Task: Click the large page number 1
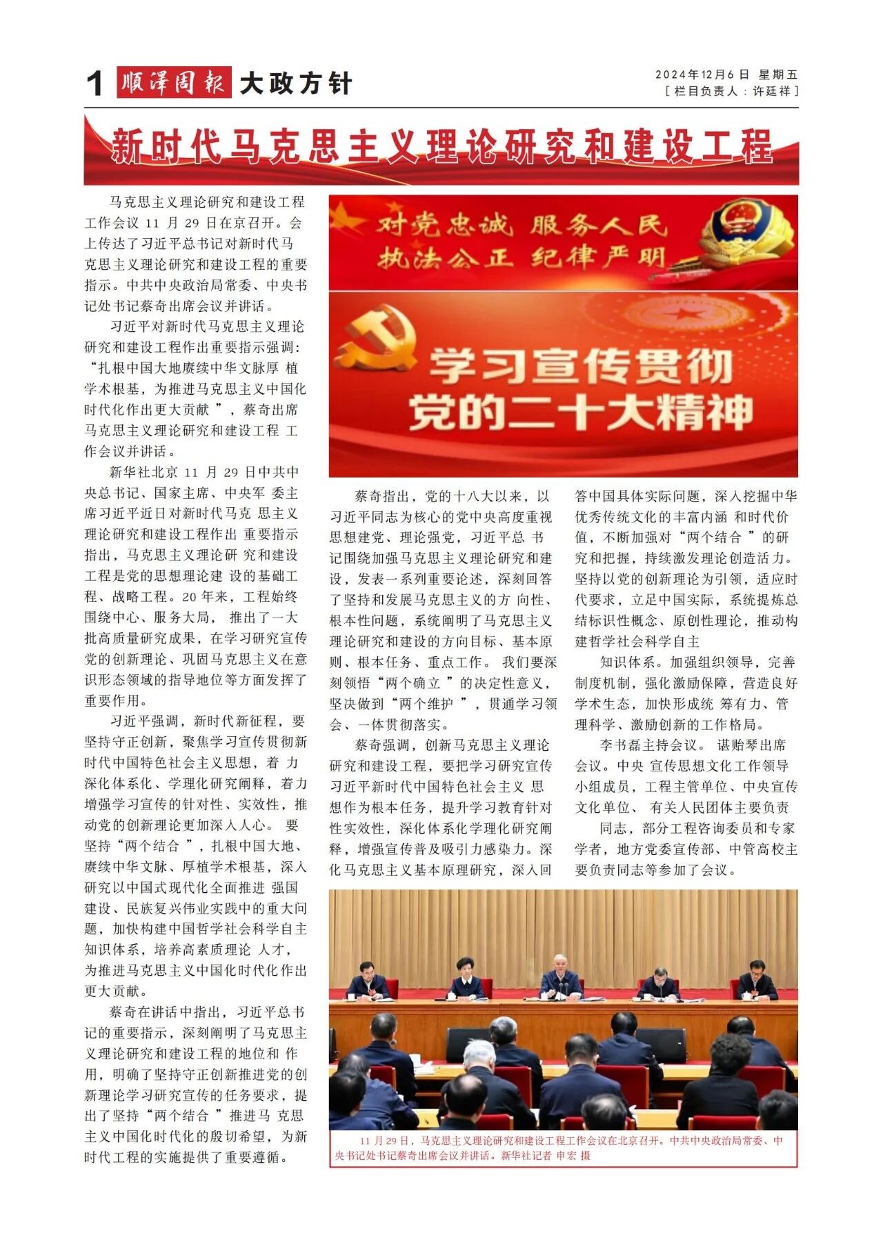tap(95, 84)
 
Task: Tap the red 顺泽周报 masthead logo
tap(174, 83)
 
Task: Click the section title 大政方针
tap(296, 84)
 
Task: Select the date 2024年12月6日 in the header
tap(702, 75)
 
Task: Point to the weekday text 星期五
tap(777, 75)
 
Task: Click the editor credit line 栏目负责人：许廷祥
tap(731, 91)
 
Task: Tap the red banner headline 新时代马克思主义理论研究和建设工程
tap(441, 146)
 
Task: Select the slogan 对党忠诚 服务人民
tap(522, 225)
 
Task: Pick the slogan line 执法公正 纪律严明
tap(522, 259)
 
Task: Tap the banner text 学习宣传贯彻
tap(581, 365)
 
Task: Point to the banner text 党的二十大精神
tap(581, 412)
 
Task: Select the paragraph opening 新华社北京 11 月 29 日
tap(195, 586)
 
